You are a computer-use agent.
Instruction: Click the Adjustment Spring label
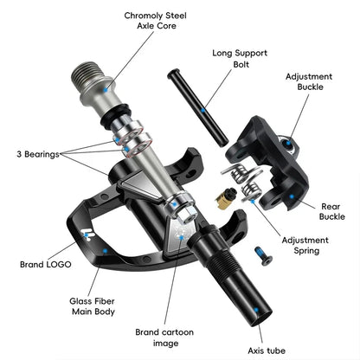pyautogui.click(x=302, y=245)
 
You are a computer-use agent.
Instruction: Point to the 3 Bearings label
pyautogui.click(x=35, y=154)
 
